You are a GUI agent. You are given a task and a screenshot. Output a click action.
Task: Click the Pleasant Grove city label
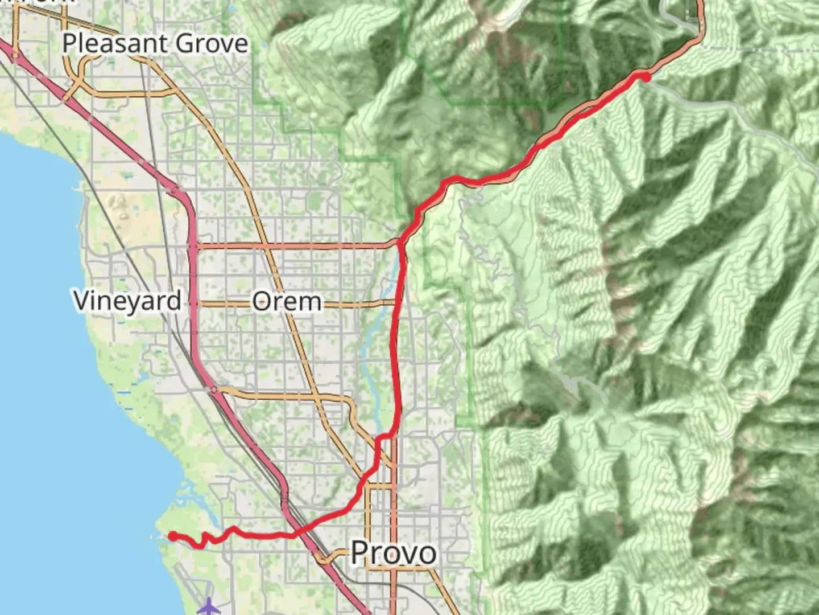(155, 43)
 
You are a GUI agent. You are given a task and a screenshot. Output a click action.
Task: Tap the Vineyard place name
(127, 300)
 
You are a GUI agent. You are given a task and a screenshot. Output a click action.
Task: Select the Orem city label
(287, 301)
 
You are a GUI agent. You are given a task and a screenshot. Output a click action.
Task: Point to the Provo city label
(394, 552)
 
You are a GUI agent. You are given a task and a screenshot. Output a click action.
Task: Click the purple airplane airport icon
(209, 606)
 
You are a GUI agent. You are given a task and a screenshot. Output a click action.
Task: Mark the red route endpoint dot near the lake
(172, 536)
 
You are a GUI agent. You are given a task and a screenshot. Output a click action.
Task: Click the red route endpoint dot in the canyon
(646, 77)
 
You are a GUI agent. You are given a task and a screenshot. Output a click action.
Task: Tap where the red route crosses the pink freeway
(295, 534)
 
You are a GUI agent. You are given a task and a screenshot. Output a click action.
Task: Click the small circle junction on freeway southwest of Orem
(213, 389)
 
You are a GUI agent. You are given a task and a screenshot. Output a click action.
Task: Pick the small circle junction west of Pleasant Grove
(15, 55)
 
